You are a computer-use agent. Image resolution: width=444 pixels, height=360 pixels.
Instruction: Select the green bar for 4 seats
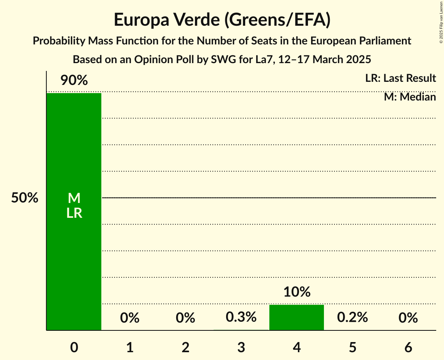coord(297,317)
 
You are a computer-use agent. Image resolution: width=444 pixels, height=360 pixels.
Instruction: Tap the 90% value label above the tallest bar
coord(74,81)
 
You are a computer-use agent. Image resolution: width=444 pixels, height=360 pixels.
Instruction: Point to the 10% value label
coord(297,292)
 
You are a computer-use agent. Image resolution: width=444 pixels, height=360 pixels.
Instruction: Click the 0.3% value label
coord(241,317)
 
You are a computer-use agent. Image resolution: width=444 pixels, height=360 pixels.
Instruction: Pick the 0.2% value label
coord(352,317)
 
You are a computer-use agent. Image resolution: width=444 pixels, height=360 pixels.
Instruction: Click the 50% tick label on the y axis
coord(25,198)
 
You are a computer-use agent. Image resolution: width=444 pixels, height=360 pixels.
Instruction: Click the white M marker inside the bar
coord(74,198)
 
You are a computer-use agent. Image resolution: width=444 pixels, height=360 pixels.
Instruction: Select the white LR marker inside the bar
coord(74,213)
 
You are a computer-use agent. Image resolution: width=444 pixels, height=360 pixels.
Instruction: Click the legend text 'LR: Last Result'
coord(400,78)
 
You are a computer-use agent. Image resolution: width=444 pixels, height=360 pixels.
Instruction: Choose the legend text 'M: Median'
coord(410,97)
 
